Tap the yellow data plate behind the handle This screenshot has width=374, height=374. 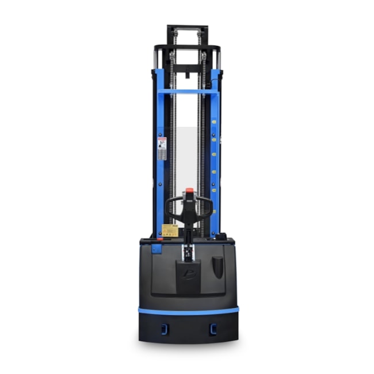click(170, 230)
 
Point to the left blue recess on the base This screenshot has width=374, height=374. click(162, 328)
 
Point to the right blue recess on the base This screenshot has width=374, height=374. click(213, 328)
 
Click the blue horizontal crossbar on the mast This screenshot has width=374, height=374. click(188, 90)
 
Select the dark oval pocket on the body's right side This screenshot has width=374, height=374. click(216, 266)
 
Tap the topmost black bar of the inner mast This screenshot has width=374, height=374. click(188, 27)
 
